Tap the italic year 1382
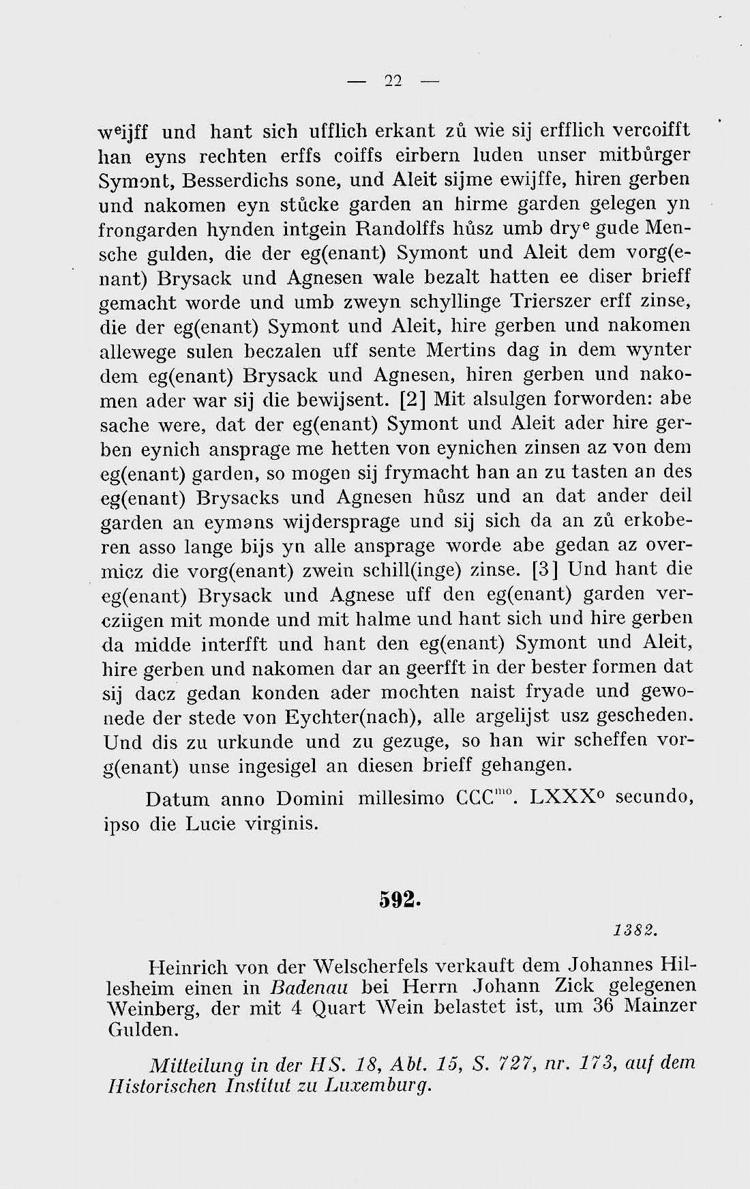point(633,930)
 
